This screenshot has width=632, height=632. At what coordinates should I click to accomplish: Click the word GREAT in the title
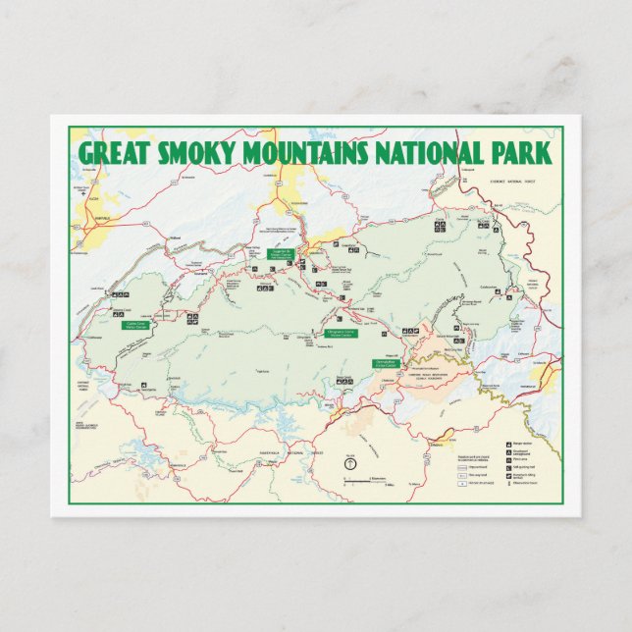(112, 153)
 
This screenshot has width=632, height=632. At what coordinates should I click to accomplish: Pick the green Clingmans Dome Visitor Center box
(341, 333)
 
